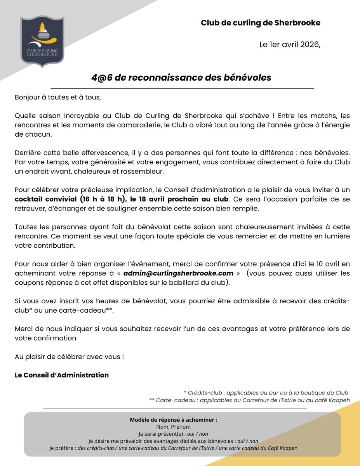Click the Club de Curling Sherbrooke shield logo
(42, 42)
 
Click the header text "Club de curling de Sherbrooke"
(260, 23)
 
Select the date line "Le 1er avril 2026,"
(290, 44)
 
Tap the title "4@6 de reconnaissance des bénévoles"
(181, 78)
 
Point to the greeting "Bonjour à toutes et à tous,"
(57, 97)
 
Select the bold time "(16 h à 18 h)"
(103, 199)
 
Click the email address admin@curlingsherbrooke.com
(178, 273)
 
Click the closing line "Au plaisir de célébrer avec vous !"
(69, 356)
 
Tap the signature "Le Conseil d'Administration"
(61, 375)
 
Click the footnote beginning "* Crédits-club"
(266, 393)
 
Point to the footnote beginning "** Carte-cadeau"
(249, 400)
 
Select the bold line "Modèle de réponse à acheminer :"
(173, 420)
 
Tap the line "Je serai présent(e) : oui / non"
(173, 434)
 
